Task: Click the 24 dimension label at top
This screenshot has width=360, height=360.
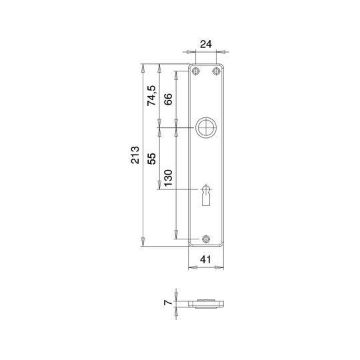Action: pyautogui.click(x=206, y=44)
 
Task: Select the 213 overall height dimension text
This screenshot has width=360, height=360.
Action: pyautogui.click(x=135, y=155)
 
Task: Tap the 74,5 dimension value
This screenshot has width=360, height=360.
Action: pyautogui.click(x=151, y=95)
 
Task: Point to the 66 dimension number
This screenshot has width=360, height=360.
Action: pyautogui.click(x=168, y=99)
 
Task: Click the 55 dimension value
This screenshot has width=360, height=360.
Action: pyautogui.click(x=151, y=159)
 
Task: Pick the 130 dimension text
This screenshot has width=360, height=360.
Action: pyautogui.click(x=168, y=178)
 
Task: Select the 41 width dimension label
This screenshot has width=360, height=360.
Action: pyautogui.click(x=205, y=259)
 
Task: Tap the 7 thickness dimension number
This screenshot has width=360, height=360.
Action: pyautogui.click(x=168, y=303)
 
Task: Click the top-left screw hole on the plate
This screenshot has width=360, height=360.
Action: pyautogui.click(x=195, y=71)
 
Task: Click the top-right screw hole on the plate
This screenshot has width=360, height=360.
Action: pyautogui.click(x=216, y=71)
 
